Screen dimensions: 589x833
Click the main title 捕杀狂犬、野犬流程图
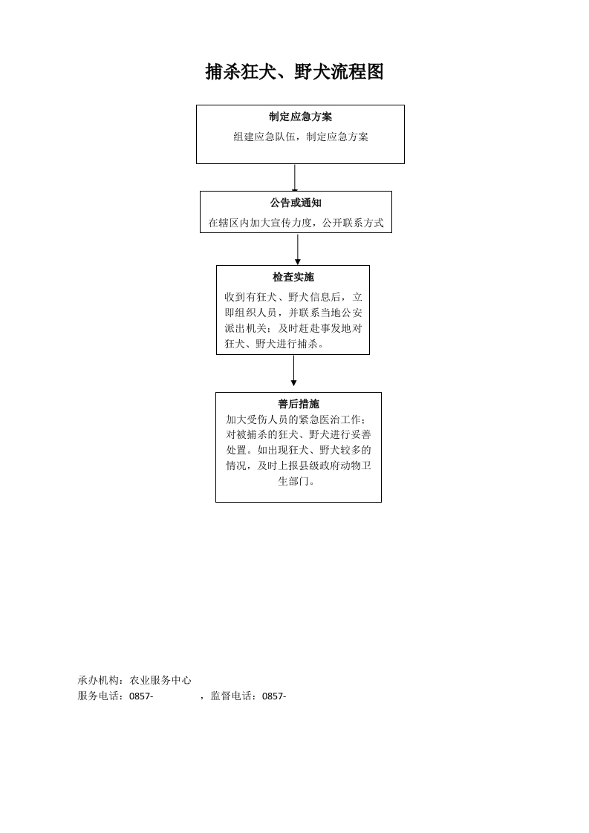(x=294, y=72)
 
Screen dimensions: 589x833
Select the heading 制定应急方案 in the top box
(x=300, y=117)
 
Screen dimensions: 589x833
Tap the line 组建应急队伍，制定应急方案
(x=301, y=137)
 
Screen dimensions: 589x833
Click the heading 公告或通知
(x=296, y=203)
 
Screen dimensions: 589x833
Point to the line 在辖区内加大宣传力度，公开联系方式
(x=296, y=223)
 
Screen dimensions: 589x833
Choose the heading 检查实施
(x=293, y=277)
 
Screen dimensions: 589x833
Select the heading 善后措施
(x=299, y=404)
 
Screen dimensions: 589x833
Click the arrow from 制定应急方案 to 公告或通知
(x=294, y=177)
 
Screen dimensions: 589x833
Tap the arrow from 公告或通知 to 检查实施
(x=298, y=249)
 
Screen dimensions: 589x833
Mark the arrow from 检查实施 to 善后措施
(x=293, y=370)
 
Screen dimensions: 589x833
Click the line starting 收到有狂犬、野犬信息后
(x=293, y=297)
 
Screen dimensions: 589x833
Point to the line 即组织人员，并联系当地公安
(x=293, y=313)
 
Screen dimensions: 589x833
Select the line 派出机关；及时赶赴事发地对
(x=293, y=328)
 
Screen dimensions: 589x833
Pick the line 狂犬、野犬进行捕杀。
(x=274, y=344)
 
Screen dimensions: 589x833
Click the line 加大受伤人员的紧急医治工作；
(x=296, y=419)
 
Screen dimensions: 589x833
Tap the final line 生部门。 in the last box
(x=296, y=481)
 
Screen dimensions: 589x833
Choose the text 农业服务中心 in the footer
(x=160, y=680)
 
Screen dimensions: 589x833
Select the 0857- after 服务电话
(x=141, y=696)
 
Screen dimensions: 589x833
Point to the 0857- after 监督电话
(x=274, y=696)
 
